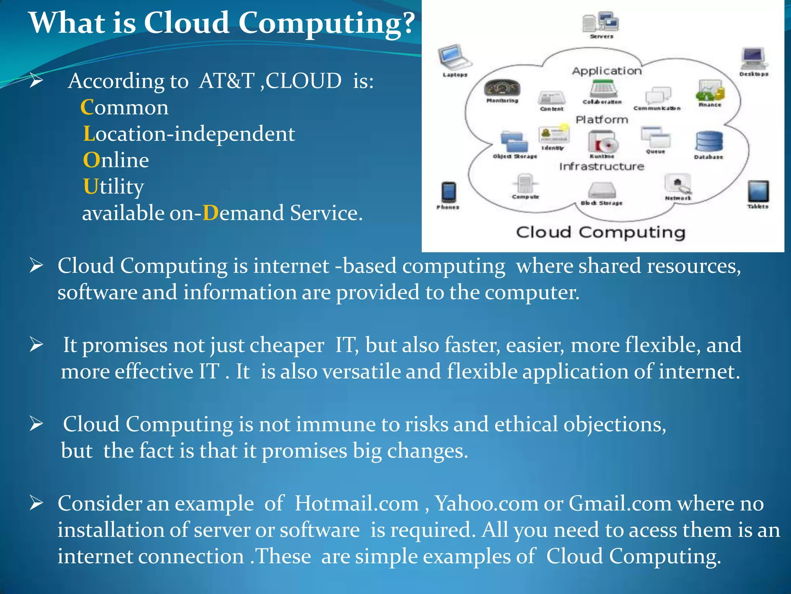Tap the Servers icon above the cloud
click(601, 22)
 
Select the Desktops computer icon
click(754, 58)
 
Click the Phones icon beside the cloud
click(448, 192)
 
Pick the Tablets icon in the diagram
click(758, 191)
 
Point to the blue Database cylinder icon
click(709, 142)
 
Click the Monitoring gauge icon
click(502, 89)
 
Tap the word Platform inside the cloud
click(602, 120)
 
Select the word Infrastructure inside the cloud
click(602, 166)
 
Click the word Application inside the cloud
click(607, 71)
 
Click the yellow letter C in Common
click(87, 107)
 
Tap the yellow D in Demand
click(210, 213)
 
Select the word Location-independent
click(189, 134)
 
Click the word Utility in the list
click(114, 186)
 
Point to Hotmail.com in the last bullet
click(356, 504)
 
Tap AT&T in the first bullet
click(227, 81)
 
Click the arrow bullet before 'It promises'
click(36, 345)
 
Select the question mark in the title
click(405, 23)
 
